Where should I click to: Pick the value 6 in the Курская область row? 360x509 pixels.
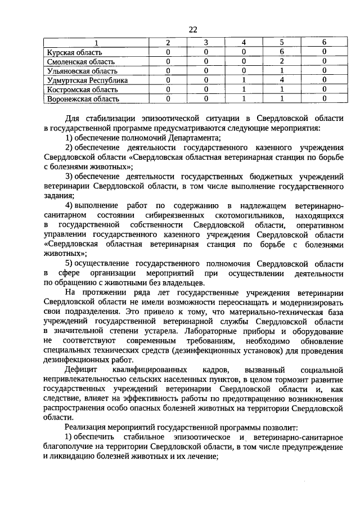[281, 52]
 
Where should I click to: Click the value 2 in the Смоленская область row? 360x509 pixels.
[281, 61]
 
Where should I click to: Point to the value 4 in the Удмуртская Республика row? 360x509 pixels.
[281, 80]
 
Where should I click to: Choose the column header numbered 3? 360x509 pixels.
[206, 43]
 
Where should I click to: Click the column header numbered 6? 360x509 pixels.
[324, 43]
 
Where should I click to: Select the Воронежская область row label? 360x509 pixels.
[83, 99]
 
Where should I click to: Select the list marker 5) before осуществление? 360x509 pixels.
[69, 264]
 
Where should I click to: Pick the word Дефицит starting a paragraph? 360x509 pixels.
[81, 370]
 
